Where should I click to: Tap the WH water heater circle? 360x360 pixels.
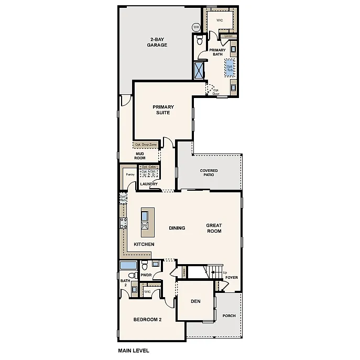pos(196,27)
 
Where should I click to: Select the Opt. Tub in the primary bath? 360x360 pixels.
pos(230,68)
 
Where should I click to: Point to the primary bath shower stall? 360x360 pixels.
pos(199,70)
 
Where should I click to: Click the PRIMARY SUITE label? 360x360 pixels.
pos(163,110)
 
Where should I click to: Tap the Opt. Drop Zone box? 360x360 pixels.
pos(145,145)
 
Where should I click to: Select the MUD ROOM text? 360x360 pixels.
pos(139,156)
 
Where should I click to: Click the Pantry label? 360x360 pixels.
pos(130,174)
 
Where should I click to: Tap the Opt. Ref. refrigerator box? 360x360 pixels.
pos(123,199)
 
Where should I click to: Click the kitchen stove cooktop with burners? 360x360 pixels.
pos(123,223)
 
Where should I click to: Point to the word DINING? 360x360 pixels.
pos(177,228)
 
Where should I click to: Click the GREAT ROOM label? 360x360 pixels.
pos(214,228)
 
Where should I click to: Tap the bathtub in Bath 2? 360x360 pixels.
pos(128,265)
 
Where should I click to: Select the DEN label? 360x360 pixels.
pos(195,301)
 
